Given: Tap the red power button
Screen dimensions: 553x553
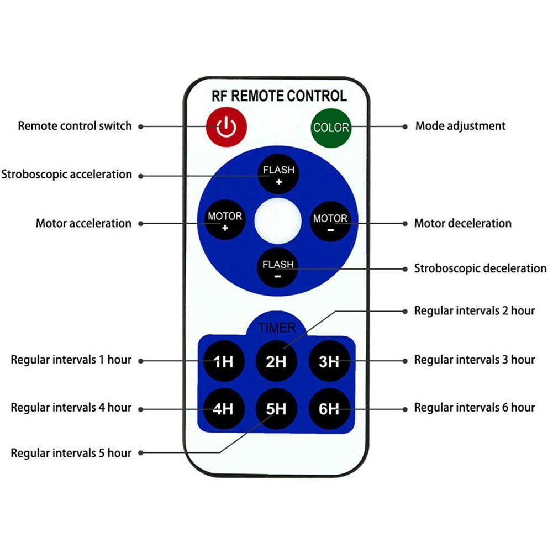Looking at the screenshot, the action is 227,127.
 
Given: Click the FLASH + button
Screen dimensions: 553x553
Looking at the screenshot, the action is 278,174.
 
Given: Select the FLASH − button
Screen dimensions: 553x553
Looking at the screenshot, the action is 278,268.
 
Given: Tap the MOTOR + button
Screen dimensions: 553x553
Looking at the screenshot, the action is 225,220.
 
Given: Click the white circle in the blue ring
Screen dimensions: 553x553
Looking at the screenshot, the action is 278,221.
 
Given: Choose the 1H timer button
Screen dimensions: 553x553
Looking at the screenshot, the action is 224,361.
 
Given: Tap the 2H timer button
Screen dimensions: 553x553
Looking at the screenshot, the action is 276,361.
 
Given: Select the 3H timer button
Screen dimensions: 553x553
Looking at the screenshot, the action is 329,361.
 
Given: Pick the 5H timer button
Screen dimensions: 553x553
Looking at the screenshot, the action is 276,409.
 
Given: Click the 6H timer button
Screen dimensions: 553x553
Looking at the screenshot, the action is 329,409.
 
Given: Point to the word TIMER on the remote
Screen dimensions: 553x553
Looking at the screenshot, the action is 277,328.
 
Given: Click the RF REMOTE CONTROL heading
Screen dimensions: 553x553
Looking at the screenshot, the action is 279,96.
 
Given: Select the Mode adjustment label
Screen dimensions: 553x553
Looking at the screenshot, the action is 460,126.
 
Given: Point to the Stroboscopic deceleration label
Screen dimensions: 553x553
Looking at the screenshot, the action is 480,268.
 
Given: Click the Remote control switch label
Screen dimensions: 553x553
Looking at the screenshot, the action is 75,126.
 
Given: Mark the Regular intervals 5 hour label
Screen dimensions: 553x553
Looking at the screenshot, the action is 71,453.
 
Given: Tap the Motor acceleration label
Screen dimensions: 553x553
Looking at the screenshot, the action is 83,223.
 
